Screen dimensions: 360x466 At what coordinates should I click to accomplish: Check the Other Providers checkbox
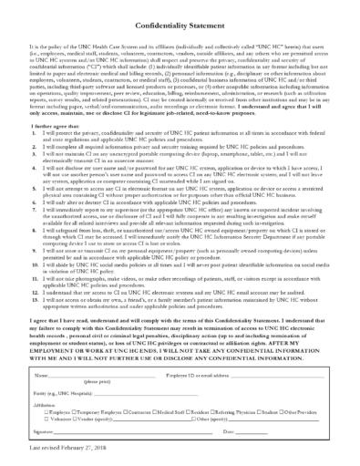(285, 411)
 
